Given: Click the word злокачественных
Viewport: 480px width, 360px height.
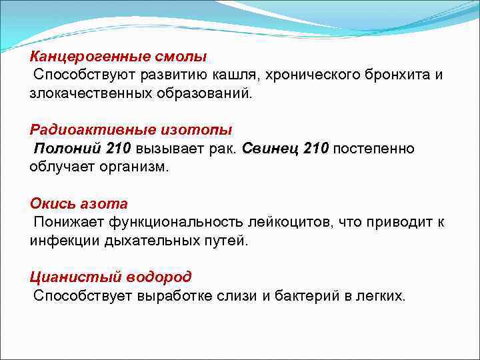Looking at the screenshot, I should [x=89, y=92].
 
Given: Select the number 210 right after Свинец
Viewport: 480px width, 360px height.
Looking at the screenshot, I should [x=315, y=147].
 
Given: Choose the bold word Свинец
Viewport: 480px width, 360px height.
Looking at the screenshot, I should [x=270, y=147].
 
